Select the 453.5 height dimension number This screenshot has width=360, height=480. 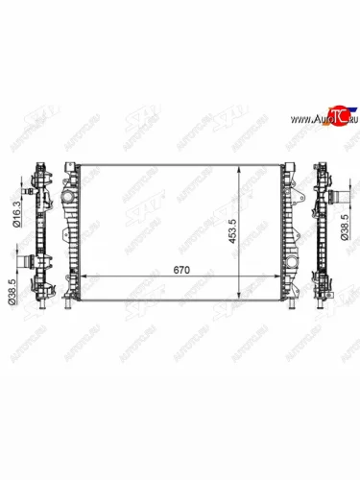pyautogui.click(x=247, y=231)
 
